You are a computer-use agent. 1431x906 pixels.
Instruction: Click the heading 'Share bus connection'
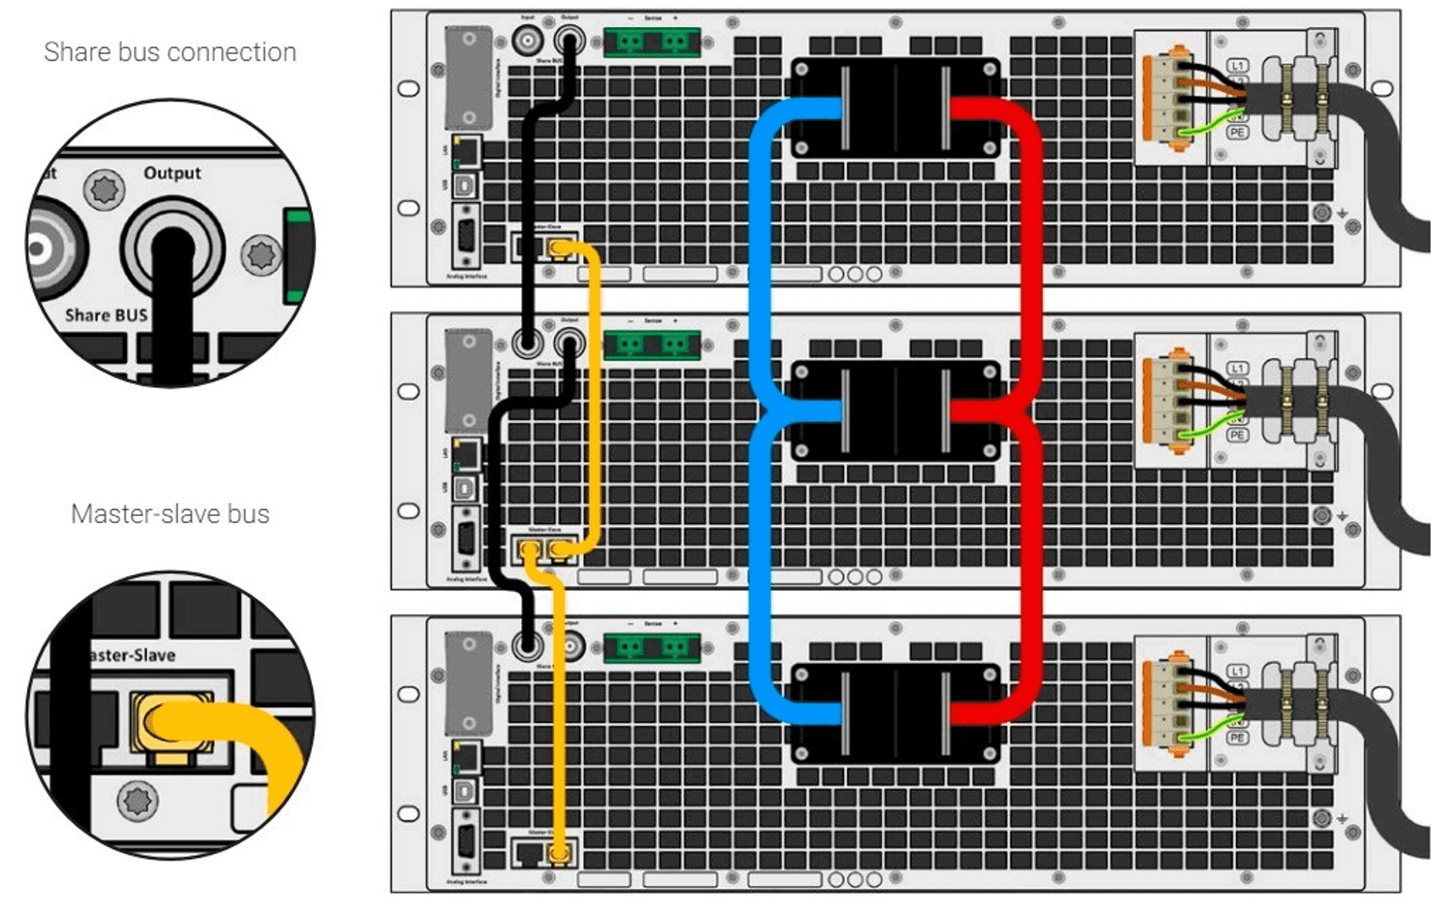coord(169,52)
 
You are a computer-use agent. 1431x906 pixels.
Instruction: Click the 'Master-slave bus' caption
coord(169,514)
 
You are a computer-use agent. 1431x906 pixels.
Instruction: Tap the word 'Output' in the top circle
coord(172,173)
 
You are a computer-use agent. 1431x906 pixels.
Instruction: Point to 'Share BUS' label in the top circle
coord(106,315)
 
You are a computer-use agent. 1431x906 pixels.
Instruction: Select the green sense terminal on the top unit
coord(652,42)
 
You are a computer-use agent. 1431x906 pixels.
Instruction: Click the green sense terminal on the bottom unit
coord(652,647)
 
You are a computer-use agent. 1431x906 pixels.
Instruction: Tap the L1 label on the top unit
coord(1237,66)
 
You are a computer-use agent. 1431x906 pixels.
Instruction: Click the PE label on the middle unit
coord(1237,435)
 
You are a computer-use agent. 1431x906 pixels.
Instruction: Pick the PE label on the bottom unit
coord(1237,738)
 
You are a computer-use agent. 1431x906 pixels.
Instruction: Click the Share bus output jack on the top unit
coord(569,40)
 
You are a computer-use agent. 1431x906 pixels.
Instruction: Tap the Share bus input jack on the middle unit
coord(528,343)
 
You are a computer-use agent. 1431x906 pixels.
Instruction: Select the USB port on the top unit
coord(466,186)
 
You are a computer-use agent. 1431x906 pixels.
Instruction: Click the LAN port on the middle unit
coord(466,455)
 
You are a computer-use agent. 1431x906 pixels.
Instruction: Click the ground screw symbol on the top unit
coord(1322,213)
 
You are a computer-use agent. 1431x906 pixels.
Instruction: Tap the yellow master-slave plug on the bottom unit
coord(559,854)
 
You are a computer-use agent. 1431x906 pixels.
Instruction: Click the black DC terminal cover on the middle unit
coord(896,411)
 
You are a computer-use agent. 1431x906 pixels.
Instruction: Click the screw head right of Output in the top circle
coord(261,254)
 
